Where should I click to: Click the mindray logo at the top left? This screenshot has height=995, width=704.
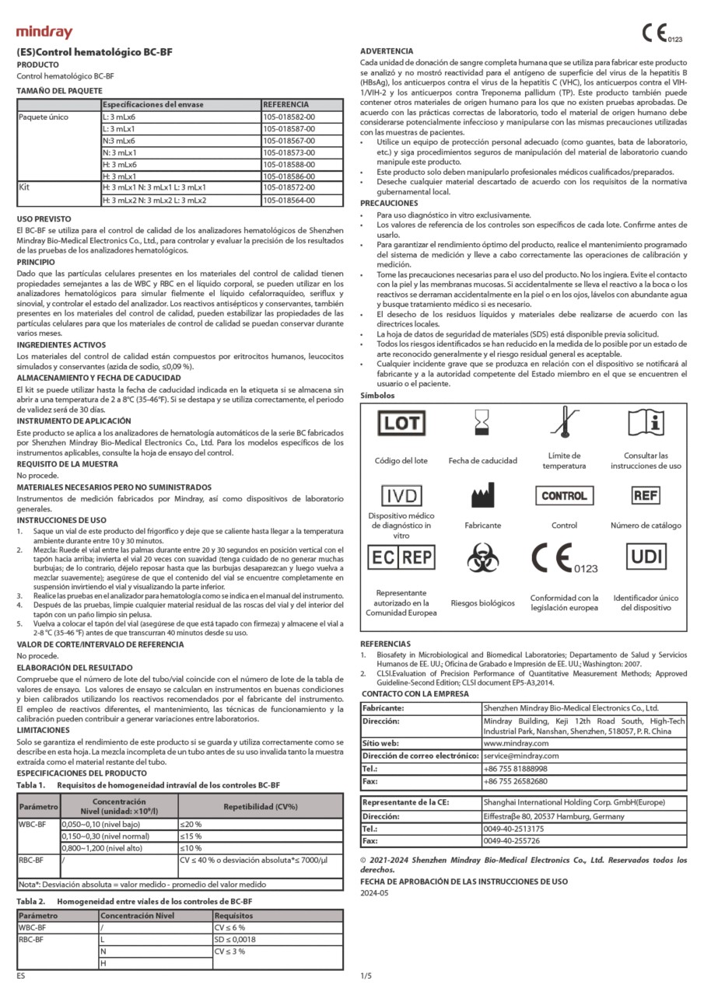tap(44, 33)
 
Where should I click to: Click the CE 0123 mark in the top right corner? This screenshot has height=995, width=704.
tap(661, 33)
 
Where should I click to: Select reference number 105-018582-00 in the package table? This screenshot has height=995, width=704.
tap(289, 116)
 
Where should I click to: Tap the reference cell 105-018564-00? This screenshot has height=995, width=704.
tap(289, 200)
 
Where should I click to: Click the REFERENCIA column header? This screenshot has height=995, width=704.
tap(286, 103)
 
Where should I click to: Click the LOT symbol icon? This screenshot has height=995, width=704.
tap(400, 424)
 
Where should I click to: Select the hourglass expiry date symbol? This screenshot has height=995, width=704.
tap(482, 424)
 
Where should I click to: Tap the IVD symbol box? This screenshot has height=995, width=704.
tap(400, 496)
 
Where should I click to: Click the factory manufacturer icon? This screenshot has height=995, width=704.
tap(482, 495)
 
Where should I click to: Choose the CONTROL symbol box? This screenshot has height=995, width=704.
tap(564, 496)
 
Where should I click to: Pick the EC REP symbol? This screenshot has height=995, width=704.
tap(400, 557)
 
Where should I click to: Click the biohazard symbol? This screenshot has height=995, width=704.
tap(482, 558)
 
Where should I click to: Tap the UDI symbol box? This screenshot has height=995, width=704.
tap(645, 557)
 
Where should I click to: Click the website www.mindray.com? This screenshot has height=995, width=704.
tap(515, 743)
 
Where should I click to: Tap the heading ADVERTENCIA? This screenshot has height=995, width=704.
tap(387, 51)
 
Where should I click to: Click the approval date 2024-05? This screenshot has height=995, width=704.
tap(374, 893)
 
